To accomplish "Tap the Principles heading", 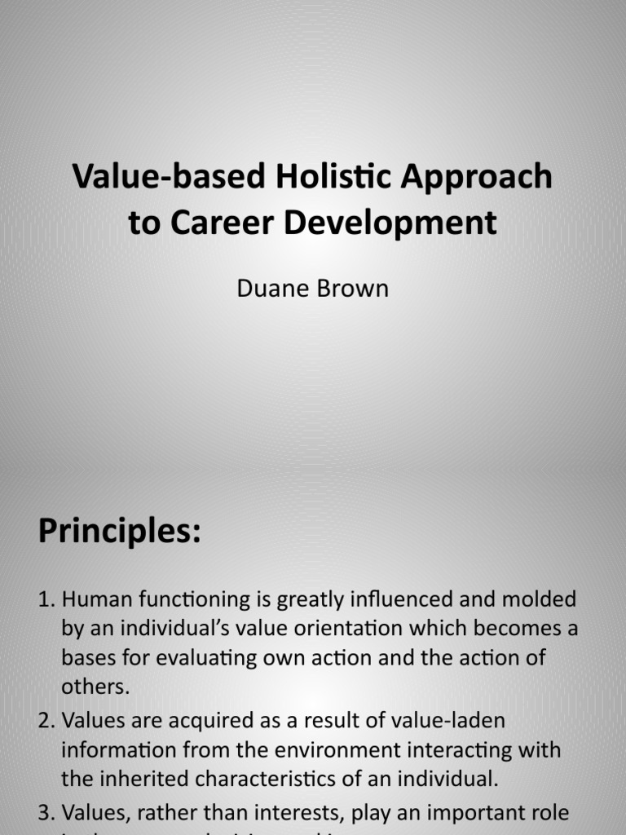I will tap(119, 532).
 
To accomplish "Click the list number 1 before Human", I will tap(46, 600).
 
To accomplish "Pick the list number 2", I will tap(46, 721).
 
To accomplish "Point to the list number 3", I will tap(46, 812).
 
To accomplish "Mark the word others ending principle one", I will tap(95, 687).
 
